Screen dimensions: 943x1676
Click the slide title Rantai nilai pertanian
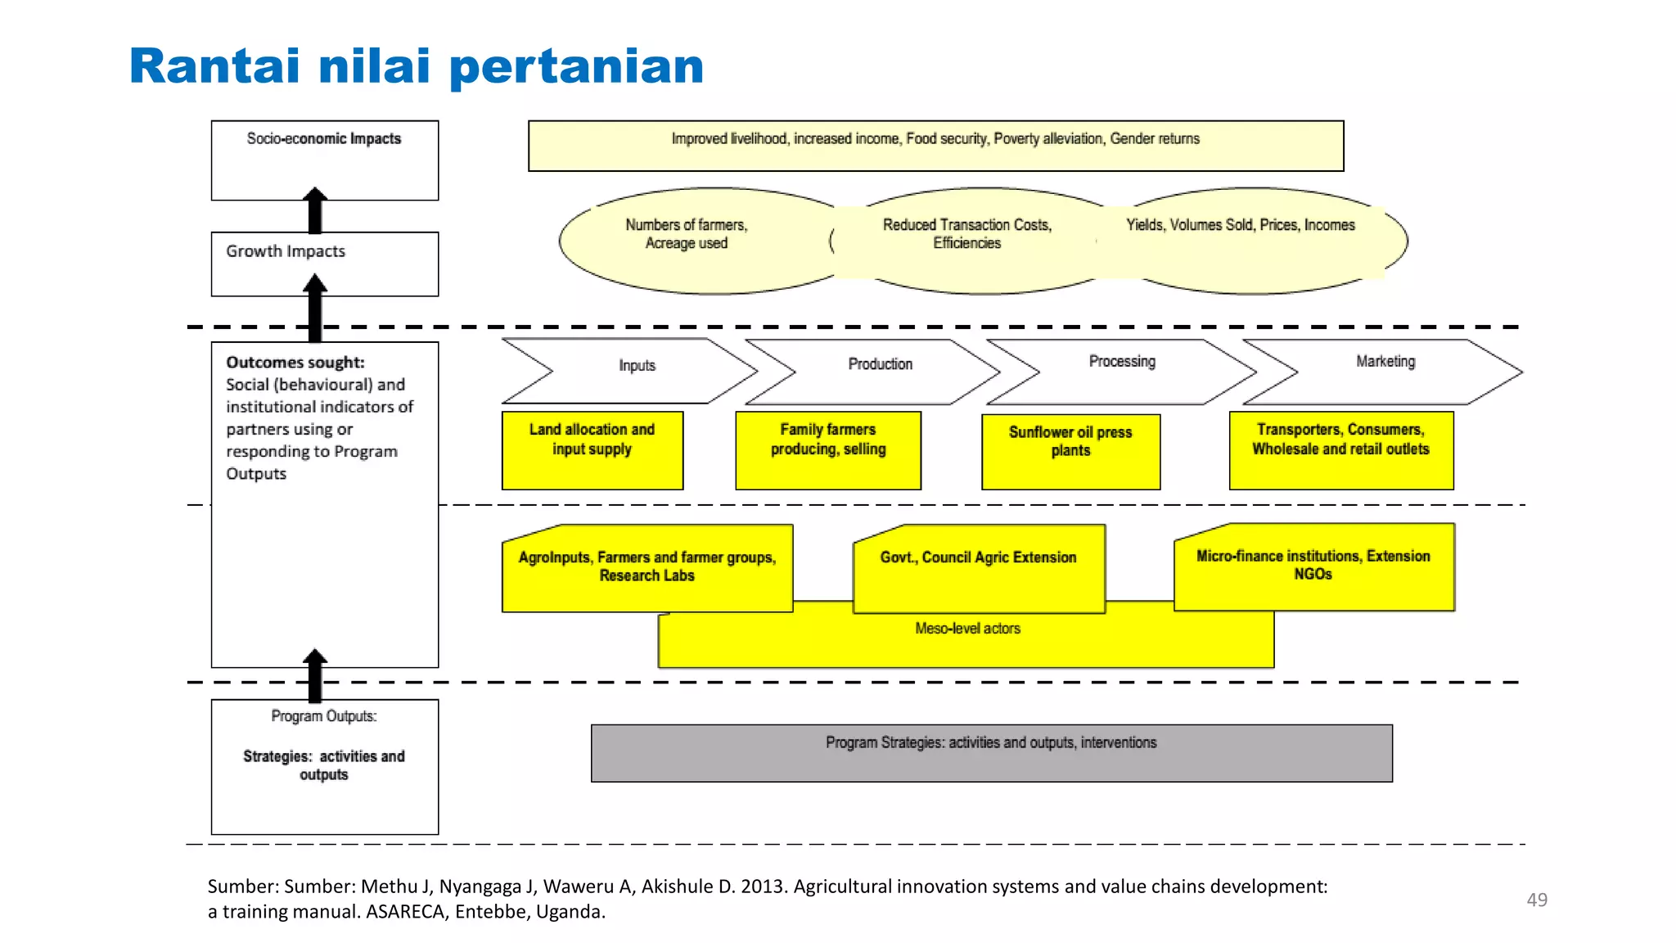416,66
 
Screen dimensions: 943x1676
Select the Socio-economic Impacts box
324,160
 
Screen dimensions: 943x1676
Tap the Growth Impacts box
324,264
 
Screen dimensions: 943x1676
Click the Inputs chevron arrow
636,371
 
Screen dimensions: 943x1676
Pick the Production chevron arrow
880,371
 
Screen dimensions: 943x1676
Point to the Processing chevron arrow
1122,371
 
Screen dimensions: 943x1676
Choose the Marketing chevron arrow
1385,371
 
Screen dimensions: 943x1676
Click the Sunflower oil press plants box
1070,451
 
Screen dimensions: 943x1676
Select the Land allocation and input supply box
592,450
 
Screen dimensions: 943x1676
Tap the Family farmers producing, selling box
827,450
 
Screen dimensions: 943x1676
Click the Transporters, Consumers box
1340,450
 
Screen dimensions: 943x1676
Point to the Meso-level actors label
967,629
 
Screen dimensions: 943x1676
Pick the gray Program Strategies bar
991,752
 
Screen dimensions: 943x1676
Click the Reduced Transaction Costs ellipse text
966,233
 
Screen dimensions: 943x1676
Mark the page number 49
1536,900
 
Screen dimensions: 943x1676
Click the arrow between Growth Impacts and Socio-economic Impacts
315,211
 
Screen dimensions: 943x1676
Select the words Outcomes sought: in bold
295,362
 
